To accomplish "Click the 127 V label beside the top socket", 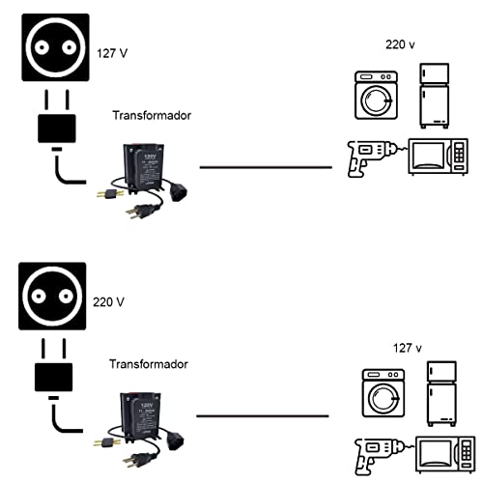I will (113, 53).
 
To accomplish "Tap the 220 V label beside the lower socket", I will (109, 301).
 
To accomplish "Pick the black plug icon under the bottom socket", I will (53, 379).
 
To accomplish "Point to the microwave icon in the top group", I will (439, 158).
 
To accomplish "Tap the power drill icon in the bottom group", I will (377, 454).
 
